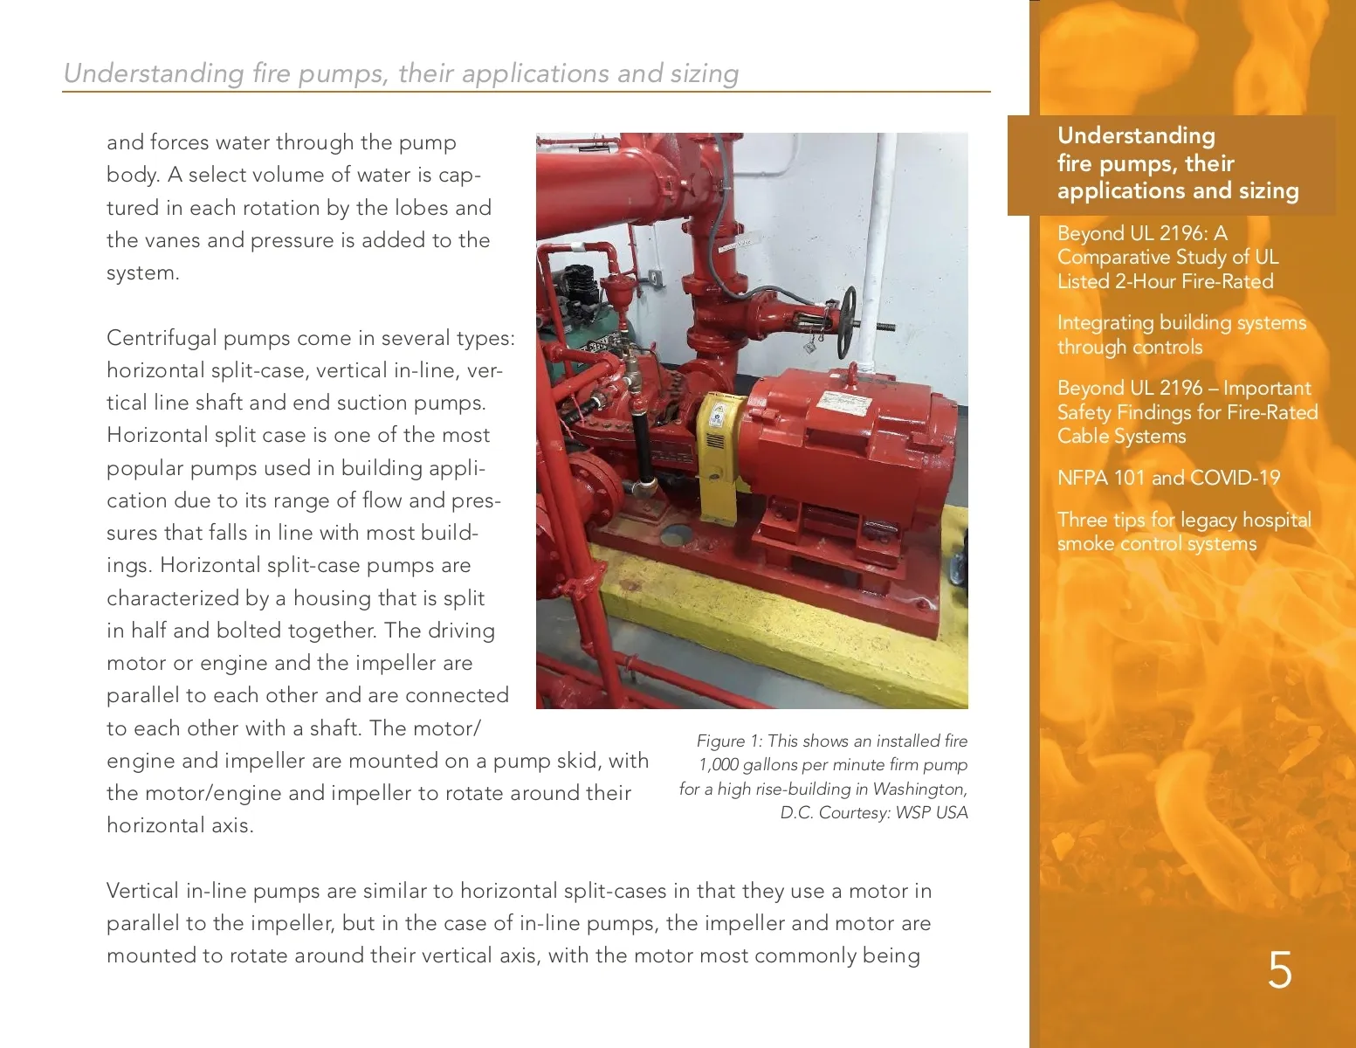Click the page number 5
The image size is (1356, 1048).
click(x=1279, y=970)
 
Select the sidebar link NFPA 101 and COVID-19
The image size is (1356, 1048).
click(x=1168, y=478)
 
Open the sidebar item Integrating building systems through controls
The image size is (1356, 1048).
click(x=1180, y=334)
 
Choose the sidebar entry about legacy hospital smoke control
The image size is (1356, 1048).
click(x=1183, y=531)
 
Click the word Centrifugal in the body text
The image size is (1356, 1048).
click(x=161, y=338)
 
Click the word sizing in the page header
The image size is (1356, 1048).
click(x=704, y=73)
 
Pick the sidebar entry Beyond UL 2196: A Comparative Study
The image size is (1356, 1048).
click(x=1167, y=257)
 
